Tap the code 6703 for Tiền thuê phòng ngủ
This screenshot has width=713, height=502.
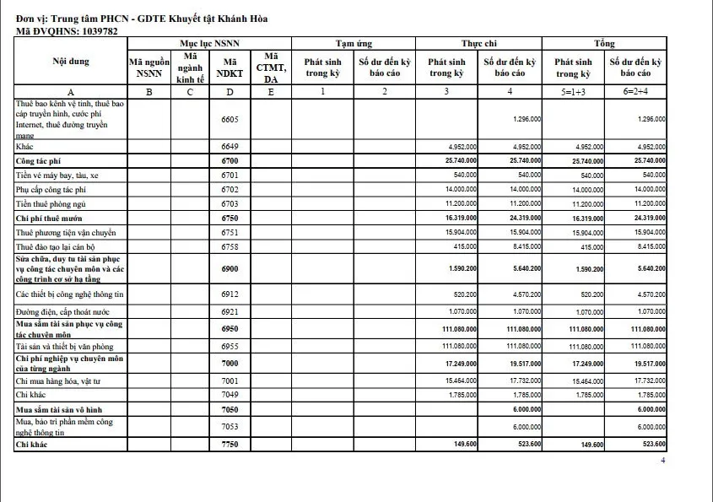click(x=230, y=203)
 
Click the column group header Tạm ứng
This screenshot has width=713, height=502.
click(x=354, y=43)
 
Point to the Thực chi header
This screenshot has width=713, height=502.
click(x=478, y=43)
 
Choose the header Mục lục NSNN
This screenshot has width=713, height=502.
click(x=208, y=43)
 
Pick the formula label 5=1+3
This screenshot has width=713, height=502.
click(x=572, y=91)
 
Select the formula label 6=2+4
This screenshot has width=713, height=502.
click(x=635, y=91)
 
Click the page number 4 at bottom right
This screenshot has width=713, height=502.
click(x=662, y=461)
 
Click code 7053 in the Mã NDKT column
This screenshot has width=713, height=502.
click(x=230, y=427)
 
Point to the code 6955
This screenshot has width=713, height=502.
click(x=230, y=347)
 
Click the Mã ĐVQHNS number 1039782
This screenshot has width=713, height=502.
click(x=90, y=31)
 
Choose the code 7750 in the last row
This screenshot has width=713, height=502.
click(x=230, y=444)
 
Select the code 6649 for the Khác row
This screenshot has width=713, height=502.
click(x=230, y=146)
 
